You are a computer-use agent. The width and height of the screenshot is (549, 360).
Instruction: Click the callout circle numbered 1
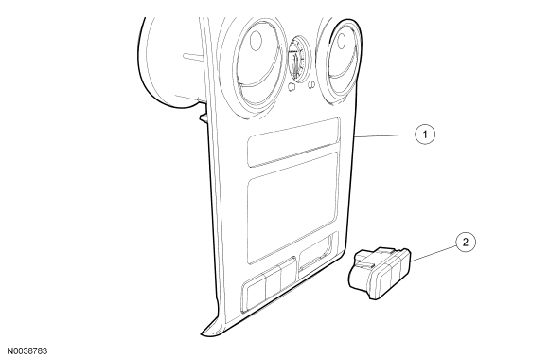(x=425, y=135)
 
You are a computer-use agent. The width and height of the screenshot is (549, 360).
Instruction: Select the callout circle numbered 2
(x=466, y=243)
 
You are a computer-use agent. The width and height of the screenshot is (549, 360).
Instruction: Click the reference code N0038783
(x=27, y=351)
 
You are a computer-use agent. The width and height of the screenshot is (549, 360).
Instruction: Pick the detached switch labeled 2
(x=380, y=273)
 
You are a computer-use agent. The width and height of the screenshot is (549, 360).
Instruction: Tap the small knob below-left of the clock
(x=292, y=86)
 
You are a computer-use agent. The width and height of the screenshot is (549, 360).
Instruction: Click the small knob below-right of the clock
(x=310, y=84)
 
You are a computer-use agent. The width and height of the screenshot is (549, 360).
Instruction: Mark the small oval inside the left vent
(x=257, y=41)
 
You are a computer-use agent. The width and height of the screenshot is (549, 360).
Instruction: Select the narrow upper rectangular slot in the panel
(x=293, y=141)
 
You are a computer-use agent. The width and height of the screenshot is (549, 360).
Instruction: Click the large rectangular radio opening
(x=292, y=207)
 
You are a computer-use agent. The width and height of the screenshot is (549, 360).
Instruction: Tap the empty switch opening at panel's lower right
(x=315, y=256)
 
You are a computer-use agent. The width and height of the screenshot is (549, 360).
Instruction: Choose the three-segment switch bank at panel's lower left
(x=269, y=284)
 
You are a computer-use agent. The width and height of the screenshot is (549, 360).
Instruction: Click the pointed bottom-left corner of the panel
(x=202, y=334)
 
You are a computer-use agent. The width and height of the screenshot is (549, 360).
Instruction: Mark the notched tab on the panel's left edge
(x=204, y=117)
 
